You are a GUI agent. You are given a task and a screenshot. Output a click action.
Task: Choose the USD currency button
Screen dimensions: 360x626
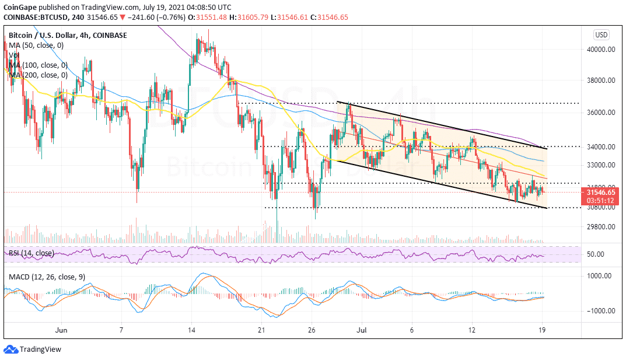point(601,34)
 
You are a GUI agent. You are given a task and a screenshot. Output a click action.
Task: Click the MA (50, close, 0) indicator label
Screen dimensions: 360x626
point(36,45)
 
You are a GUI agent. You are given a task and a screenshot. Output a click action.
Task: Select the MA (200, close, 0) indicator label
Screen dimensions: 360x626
point(38,75)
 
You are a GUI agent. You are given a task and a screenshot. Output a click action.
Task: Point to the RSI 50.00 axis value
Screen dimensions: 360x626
point(595,254)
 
